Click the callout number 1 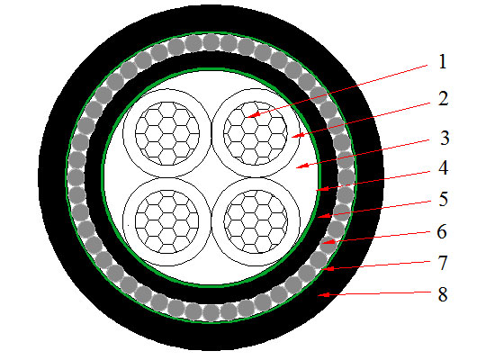pyautogui.click(x=443, y=62)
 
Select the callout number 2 pyautogui.click(x=443, y=99)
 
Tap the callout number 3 pyautogui.click(x=445, y=138)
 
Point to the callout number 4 pyautogui.click(x=443, y=168)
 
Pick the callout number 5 pyautogui.click(x=443, y=199)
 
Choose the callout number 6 pyautogui.click(x=442, y=231)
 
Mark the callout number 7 pyautogui.click(x=443, y=263)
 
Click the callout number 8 pyautogui.click(x=443, y=294)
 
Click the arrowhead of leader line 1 pyautogui.click(x=252, y=114)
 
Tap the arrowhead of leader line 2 pyautogui.click(x=297, y=135)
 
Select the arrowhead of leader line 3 pyautogui.click(x=301, y=166)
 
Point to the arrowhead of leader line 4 pyautogui.click(x=322, y=189)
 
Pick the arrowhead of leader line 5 pyautogui.click(x=323, y=216)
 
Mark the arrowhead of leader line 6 pyautogui.click(x=328, y=242)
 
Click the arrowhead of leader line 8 pyautogui.click(x=323, y=294)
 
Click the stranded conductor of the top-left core pyautogui.click(x=167, y=133)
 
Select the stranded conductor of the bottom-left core pyautogui.click(x=167, y=221)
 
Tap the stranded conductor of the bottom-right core pyautogui.click(x=256, y=221)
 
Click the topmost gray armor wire pyautogui.click(x=211, y=41)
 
